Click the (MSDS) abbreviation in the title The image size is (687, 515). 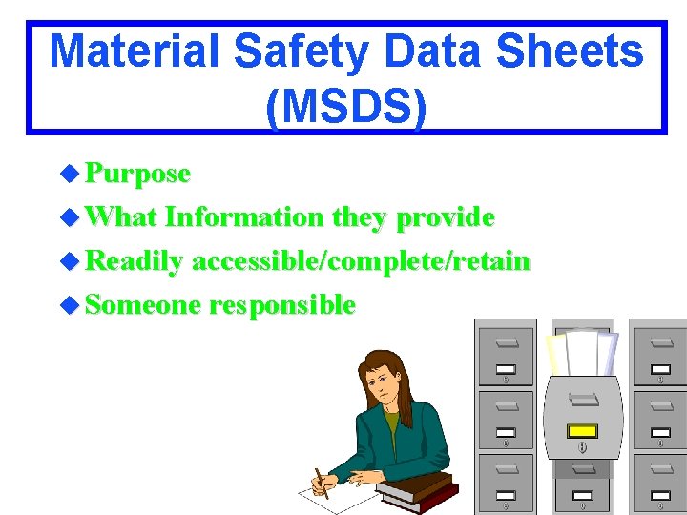click(346, 106)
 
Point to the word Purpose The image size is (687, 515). click(138, 174)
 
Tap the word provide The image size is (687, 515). click(446, 217)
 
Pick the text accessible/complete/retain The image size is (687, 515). click(361, 261)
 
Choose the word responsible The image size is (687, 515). click(282, 305)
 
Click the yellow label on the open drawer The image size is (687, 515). click(582, 430)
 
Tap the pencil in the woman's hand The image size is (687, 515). click(321, 482)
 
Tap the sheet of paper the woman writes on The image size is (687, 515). click(329, 493)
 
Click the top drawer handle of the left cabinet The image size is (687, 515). click(507, 340)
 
